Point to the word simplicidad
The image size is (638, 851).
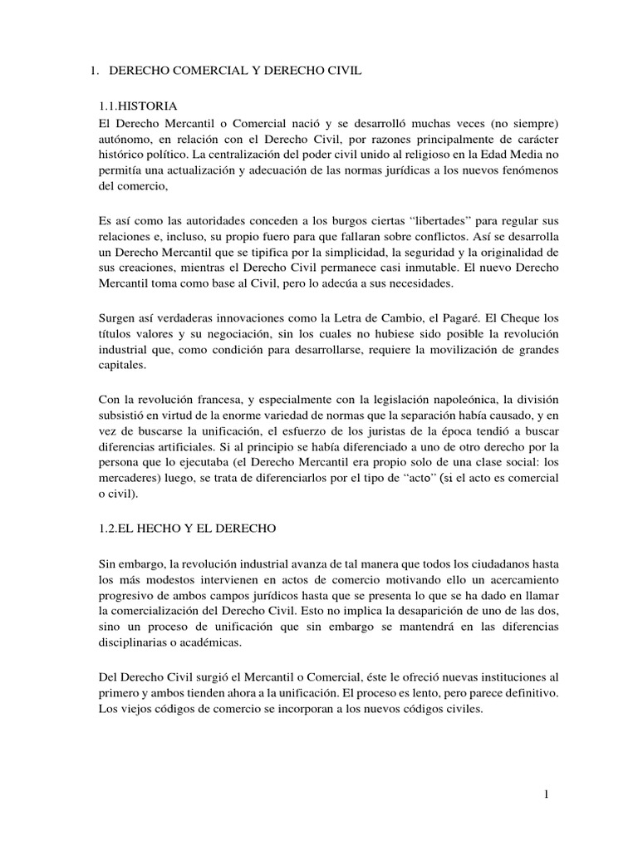click(331, 252)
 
